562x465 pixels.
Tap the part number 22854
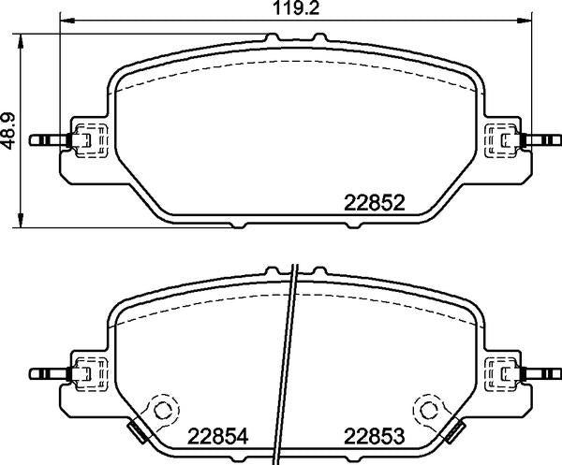click(220, 435)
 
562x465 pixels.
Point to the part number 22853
click(375, 435)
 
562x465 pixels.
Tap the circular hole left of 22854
click(163, 410)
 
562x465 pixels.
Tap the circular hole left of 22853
click(428, 410)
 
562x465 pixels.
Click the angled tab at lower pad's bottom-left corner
click(137, 431)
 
